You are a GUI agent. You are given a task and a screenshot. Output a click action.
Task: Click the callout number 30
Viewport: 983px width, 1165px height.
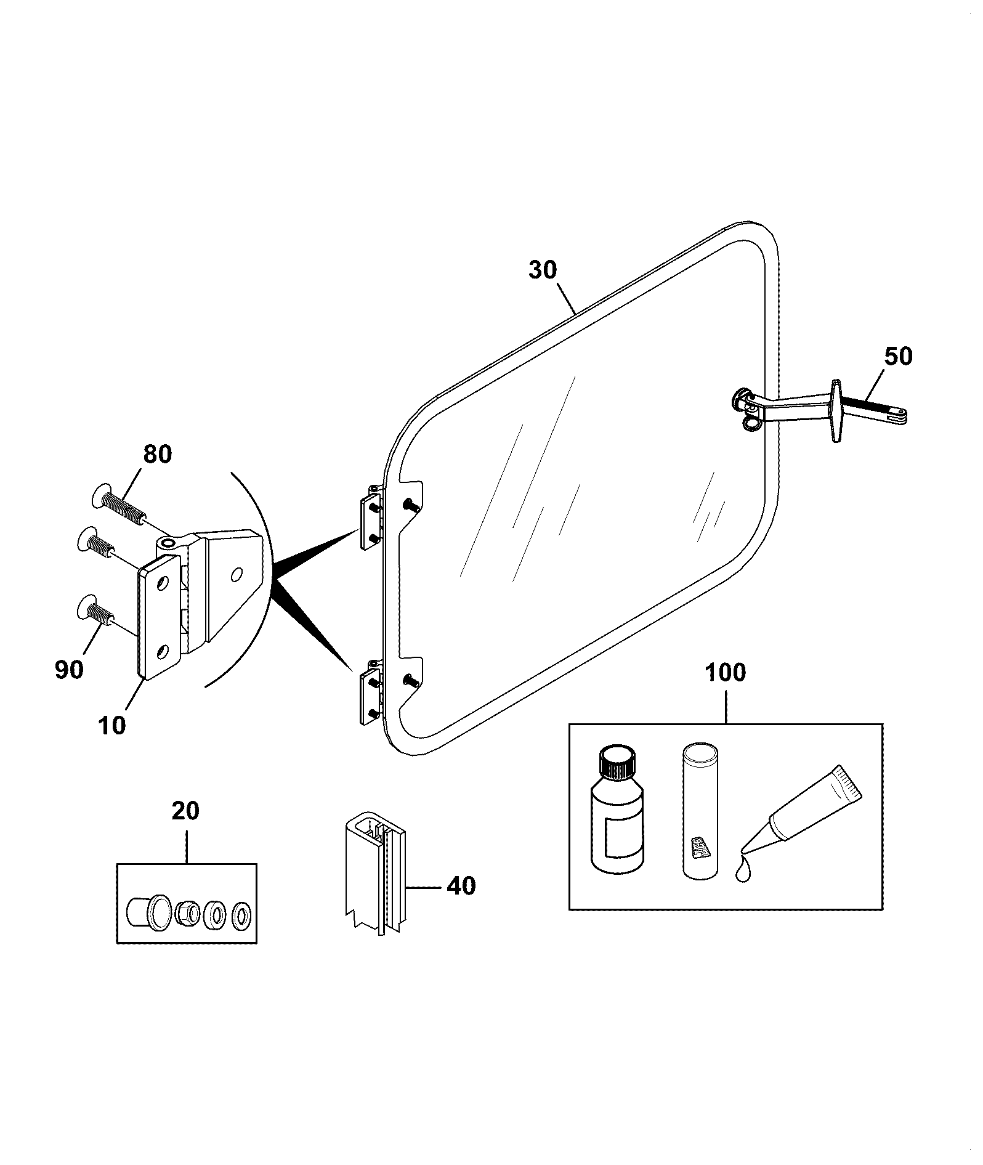pyautogui.click(x=543, y=270)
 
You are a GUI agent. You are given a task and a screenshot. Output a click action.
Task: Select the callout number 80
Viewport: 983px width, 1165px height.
pyautogui.click(x=158, y=454)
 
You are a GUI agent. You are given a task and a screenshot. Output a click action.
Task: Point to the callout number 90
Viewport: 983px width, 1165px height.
pyautogui.click(x=69, y=669)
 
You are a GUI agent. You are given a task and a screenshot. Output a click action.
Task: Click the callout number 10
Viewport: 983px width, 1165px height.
pyautogui.click(x=111, y=725)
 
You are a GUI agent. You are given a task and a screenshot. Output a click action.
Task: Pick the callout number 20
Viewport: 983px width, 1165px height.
pyautogui.click(x=185, y=811)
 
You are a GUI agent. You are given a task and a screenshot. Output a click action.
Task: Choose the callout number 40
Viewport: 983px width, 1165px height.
pyautogui.click(x=461, y=886)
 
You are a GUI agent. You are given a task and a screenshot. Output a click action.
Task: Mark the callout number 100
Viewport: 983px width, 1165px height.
pyautogui.click(x=726, y=673)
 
